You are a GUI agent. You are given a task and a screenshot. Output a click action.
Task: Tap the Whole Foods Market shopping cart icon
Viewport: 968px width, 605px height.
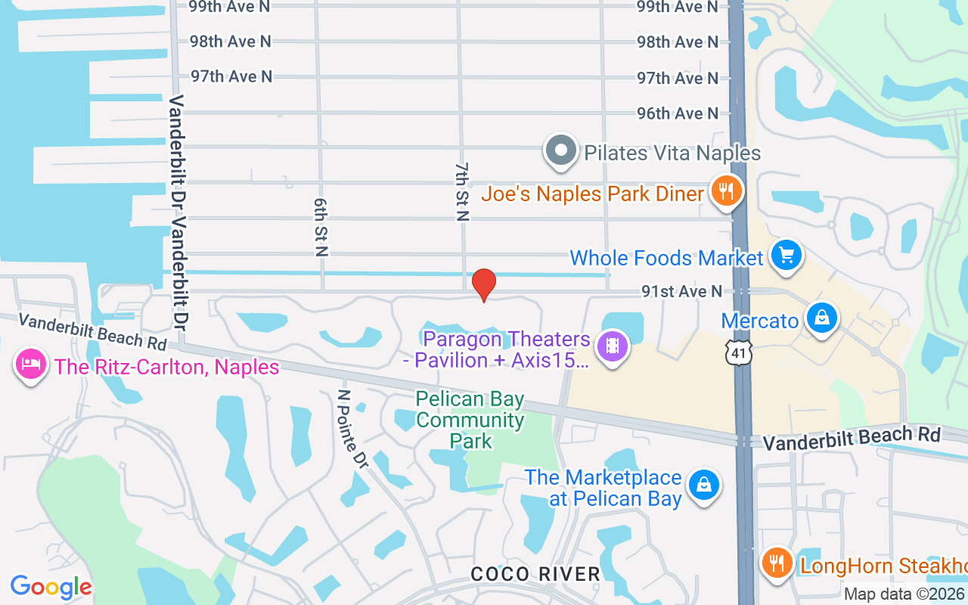[786, 255]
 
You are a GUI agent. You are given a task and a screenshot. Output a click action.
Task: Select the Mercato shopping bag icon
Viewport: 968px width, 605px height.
[821, 318]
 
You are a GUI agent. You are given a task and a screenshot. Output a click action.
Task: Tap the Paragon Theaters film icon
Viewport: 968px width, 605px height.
[613, 346]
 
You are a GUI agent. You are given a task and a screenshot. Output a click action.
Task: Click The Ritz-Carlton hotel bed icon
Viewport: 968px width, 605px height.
[30, 365]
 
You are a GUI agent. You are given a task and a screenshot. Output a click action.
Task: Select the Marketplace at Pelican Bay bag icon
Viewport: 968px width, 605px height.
[704, 484]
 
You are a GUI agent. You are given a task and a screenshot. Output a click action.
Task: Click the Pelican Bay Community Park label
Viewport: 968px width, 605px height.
[470, 419]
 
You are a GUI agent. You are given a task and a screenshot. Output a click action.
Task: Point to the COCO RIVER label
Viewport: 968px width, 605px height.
[535, 574]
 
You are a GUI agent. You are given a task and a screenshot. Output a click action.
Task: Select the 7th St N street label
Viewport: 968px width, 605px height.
[462, 192]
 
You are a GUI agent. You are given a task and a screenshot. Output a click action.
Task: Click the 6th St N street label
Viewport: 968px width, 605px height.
[320, 228]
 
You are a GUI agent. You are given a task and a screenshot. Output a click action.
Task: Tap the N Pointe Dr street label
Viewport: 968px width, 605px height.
[353, 429]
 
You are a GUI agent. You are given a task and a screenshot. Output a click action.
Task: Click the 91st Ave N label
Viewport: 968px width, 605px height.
[681, 291]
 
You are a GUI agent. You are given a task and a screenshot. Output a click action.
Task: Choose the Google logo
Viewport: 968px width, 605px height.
[51, 587]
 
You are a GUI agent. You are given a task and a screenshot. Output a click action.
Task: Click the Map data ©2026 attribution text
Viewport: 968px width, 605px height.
[904, 594]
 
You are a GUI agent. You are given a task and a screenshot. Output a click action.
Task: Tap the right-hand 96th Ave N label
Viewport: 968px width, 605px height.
[678, 113]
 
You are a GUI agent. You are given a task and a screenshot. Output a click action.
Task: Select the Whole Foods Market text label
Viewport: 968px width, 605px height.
[666, 258]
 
